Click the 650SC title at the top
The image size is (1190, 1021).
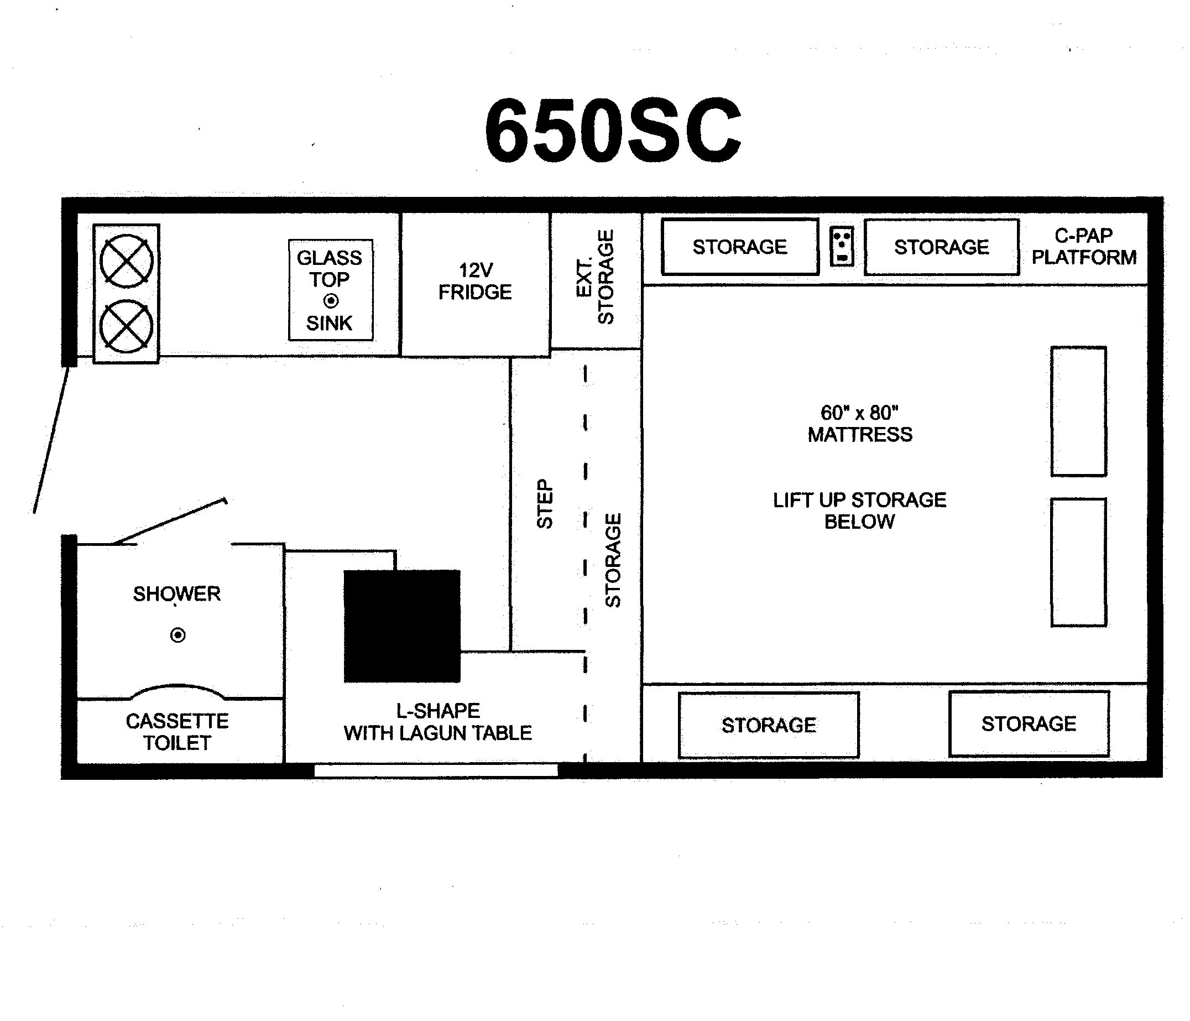pos(613,131)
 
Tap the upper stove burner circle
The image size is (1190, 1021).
pos(126,261)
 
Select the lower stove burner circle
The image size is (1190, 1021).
pos(126,326)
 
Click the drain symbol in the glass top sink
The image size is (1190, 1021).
pos(331,300)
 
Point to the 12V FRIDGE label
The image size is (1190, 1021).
pos(475,282)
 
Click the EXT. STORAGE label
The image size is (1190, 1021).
pos(595,277)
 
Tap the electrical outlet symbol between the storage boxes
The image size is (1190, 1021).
pos(842,247)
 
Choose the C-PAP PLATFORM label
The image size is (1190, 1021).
pos(1084,247)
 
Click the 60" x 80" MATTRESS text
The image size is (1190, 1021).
pos(860,424)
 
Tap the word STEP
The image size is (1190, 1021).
pos(545,503)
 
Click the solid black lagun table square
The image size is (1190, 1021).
pos(402,626)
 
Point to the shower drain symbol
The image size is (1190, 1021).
pos(178,635)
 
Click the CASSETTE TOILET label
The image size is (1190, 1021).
pos(178,732)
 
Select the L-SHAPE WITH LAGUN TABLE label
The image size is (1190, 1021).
pos(437,722)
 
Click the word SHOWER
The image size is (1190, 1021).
pos(177,593)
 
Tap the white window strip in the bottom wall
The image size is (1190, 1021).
pos(436,770)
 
